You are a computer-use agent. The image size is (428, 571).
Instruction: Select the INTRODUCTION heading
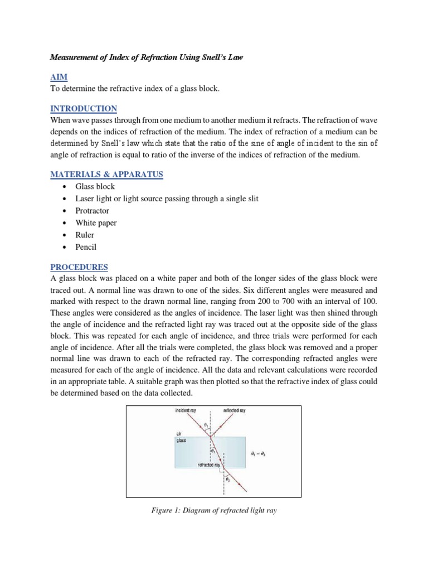[84, 108]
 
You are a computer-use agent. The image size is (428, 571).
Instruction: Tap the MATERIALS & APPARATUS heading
[106, 175]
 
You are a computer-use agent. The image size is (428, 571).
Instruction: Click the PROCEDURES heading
[79, 267]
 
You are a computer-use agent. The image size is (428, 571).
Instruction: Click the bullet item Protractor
[93, 211]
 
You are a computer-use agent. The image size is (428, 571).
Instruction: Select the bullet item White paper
[96, 222]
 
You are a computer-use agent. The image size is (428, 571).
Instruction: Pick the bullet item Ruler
[84, 235]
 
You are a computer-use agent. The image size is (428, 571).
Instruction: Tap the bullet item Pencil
[86, 246]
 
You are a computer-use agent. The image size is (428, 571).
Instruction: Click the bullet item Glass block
[96, 187]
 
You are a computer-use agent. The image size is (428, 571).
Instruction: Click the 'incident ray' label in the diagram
[186, 410]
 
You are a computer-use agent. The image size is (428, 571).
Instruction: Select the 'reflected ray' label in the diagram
[235, 410]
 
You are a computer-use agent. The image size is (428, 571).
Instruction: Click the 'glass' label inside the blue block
[181, 440]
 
